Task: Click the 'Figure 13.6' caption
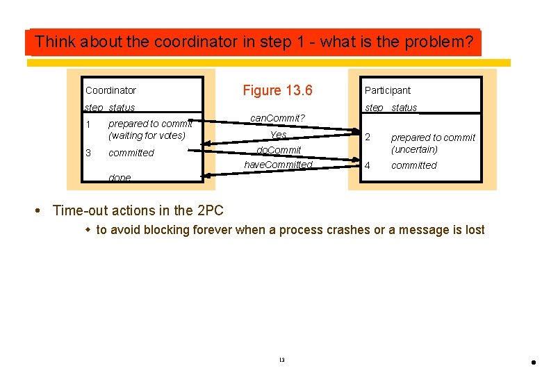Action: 277,90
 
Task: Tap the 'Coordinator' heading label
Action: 110,90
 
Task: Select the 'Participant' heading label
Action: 387,90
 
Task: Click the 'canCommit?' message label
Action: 277,118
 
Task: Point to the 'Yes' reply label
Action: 278,135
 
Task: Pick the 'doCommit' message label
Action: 279,150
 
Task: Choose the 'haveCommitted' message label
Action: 278,165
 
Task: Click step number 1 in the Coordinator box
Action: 88,124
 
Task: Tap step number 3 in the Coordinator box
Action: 88,153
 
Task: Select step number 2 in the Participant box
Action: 368,137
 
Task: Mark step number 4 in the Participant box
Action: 368,165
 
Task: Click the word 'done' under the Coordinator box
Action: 120,178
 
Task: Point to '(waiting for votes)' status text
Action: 147,135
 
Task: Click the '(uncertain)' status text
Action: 414,149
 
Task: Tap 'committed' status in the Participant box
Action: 413,165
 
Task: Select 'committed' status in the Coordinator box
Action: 131,153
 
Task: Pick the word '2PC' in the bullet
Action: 210,210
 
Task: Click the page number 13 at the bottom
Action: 281,360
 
